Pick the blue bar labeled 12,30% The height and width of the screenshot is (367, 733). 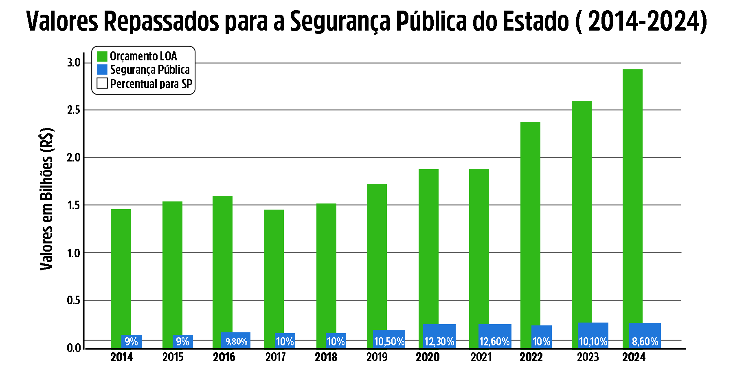point(439,336)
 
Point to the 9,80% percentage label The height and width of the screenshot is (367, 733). point(237,341)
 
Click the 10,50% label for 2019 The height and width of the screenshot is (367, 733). point(389,341)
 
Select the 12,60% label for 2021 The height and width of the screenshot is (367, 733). point(494,341)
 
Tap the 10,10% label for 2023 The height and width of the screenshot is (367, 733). point(593,341)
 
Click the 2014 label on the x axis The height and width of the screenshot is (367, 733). point(121,357)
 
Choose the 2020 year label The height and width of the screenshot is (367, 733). point(428,357)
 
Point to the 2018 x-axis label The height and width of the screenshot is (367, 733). point(326,357)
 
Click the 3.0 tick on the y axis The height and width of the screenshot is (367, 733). point(74,63)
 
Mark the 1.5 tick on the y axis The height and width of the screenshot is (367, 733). point(74,205)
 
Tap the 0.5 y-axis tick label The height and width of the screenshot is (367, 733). point(74,301)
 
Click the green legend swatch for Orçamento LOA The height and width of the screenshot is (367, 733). point(102,56)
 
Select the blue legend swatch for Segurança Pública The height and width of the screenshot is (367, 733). point(102,70)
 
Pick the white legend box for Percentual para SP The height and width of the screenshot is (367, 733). point(102,84)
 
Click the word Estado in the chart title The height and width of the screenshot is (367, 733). point(536,21)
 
